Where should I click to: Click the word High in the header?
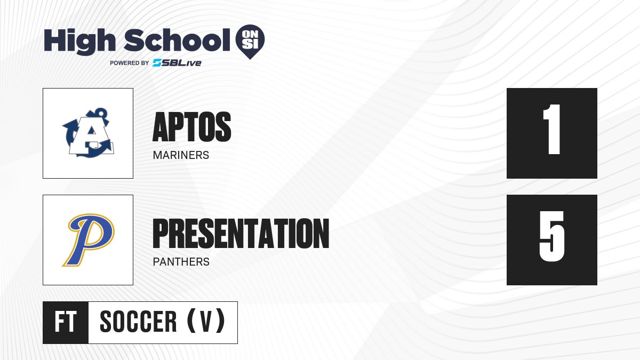[79, 42]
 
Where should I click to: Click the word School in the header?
[177, 40]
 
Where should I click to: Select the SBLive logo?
[177, 63]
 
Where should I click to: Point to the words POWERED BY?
[129, 63]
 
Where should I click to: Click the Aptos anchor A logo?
[88, 133]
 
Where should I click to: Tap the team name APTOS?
[191, 127]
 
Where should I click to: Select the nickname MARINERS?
[181, 155]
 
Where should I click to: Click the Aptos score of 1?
[551, 130]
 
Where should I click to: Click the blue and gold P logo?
[89, 239]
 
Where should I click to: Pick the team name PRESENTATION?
[241, 234]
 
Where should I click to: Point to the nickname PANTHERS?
[181, 262]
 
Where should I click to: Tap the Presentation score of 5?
[551, 236]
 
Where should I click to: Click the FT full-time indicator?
[66, 322]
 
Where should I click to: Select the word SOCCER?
[138, 322]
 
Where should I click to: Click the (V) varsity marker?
[206, 322]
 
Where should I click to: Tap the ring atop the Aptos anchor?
[100, 113]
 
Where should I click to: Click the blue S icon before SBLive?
[157, 63]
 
